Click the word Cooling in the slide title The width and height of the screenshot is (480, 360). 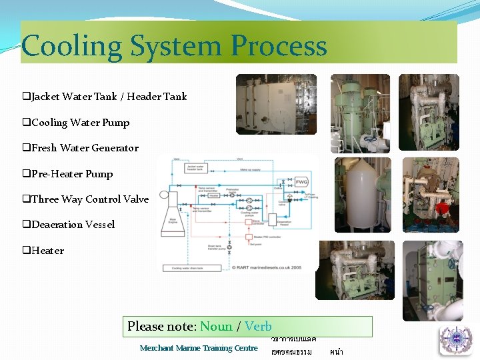71,46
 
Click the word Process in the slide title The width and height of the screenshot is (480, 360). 279,46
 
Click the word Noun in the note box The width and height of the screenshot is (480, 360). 217,327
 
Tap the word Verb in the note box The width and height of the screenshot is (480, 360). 258,327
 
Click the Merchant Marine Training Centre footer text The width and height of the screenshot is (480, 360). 199,348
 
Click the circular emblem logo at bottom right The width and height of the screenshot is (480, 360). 455,340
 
